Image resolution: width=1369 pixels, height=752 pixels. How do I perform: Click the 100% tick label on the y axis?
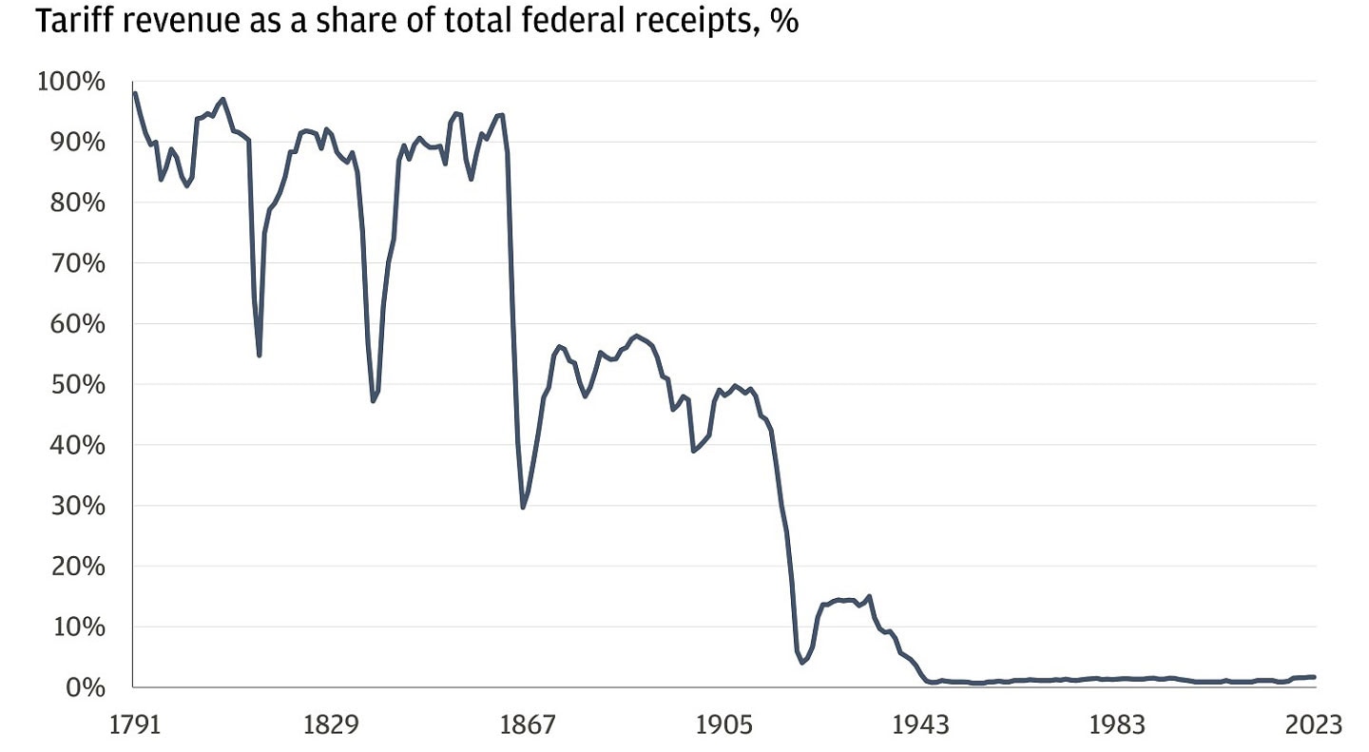tap(70, 82)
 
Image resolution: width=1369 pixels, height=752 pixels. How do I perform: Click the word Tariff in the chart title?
tap(68, 22)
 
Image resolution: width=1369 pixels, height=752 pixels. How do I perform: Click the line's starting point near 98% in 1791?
tap(135, 93)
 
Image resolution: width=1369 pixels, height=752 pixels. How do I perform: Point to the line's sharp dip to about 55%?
tap(259, 355)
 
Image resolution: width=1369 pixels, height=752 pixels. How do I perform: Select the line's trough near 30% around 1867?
tap(523, 507)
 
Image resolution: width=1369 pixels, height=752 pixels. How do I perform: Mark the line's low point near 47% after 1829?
tap(374, 400)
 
